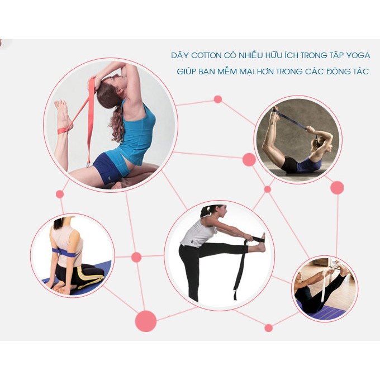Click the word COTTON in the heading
[x=206, y=55]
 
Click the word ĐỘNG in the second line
[x=338, y=72]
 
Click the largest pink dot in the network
[x=146, y=321]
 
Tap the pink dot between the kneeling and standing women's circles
[x=136, y=257]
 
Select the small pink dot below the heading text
[x=217, y=99]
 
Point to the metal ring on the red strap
[x=88, y=165]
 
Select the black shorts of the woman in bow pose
[x=289, y=164]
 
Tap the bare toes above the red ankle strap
[x=60, y=104]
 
